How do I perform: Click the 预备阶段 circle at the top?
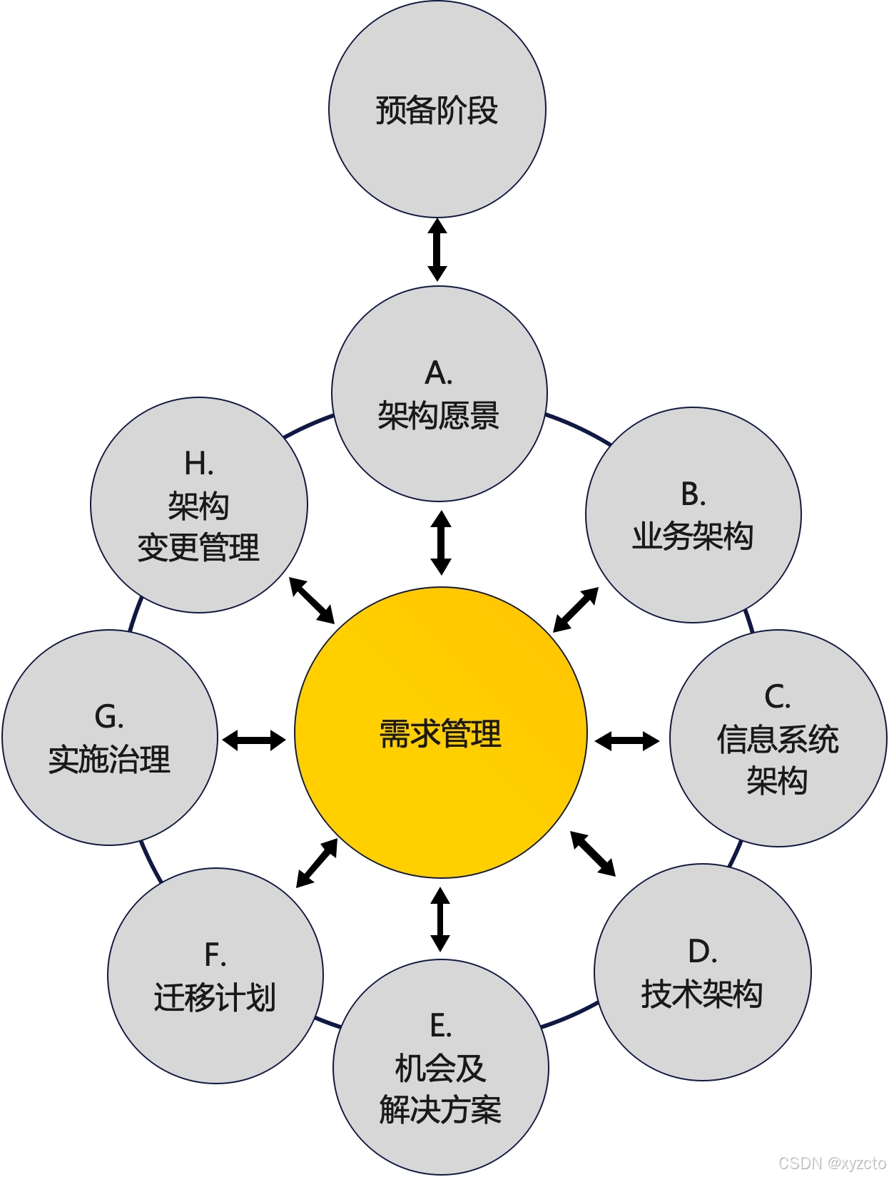tap(437, 109)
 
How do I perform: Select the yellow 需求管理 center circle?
tap(441, 733)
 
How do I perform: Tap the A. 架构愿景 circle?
tap(440, 394)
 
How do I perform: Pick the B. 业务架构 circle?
tap(694, 515)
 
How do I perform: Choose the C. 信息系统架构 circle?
tap(778, 738)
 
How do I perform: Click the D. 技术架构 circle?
tap(703, 972)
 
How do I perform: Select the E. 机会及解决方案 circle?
tap(441, 1068)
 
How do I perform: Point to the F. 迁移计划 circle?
tap(215, 976)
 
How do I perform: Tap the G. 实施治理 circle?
tap(110, 738)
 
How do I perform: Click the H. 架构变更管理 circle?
tap(199, 505)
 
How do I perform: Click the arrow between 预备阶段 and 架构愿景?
tap(437, 250)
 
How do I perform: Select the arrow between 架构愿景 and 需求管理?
tap(441, 543)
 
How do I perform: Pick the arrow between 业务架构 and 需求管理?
tap(576, 609)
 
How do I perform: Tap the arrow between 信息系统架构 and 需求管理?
tap(627, 741)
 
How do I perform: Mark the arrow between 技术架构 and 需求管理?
tap(593, 853)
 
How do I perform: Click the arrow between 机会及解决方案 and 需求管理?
tap(440, 919)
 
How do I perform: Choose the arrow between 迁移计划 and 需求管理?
tap(317, 863)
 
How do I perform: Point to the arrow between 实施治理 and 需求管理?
tap(254, 740)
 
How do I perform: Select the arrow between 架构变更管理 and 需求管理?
tap(312, 600)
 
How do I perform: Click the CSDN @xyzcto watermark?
tap(832, 1163)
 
